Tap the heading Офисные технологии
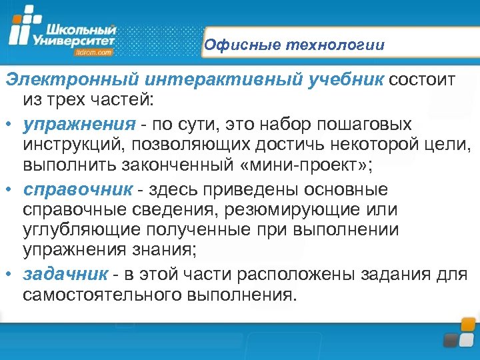coord(294,45)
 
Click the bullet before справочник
coord(9,190)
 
